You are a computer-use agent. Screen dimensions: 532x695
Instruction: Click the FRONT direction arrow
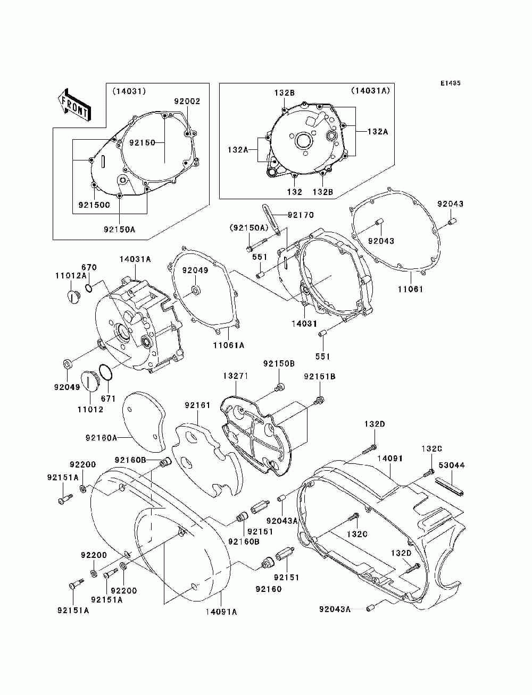tap(74, 105)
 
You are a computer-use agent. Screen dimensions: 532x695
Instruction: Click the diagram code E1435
tap(450, 83)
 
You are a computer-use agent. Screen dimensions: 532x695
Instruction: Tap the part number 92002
tap(187, 101)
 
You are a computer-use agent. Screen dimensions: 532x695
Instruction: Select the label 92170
tap(301, 215)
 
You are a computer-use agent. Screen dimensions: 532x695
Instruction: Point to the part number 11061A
tap(229, 345)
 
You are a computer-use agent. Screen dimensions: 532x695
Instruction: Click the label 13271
tap(236, 376)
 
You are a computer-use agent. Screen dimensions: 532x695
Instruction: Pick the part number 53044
tap(452, 465)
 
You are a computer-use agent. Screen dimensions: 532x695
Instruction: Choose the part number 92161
tap(197, 405)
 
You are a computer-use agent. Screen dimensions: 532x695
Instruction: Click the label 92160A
tap(101, 438)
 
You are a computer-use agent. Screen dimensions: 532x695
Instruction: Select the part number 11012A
tap(71, 276)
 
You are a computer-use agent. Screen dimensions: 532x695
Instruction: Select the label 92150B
tap(279, 364)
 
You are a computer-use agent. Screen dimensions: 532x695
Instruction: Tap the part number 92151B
tap(320, 377)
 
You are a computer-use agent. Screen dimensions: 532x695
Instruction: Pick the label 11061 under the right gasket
tap(411, 289)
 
